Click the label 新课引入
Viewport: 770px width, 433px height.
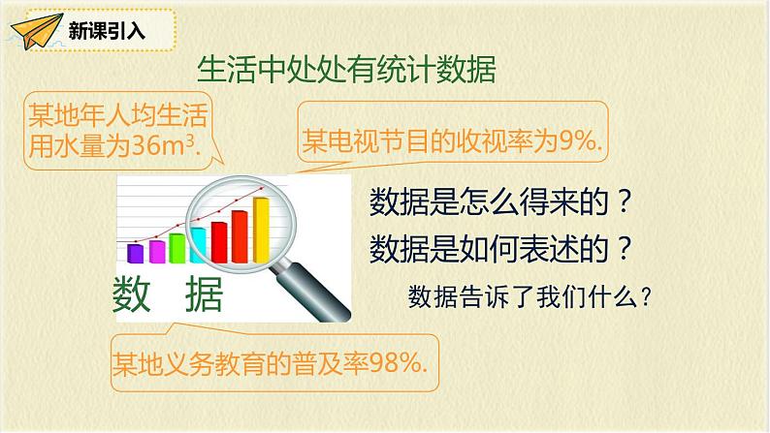tap(107, 31)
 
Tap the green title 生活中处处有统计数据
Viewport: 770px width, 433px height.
tap(346, 70)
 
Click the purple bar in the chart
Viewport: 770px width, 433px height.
tap(135, 253)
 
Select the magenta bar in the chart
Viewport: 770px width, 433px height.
tap(157, 252)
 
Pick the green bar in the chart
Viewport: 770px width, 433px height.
tap(176, 248)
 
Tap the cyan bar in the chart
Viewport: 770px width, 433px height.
tap(199, 245)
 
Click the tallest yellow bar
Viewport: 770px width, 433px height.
tap(261, 230)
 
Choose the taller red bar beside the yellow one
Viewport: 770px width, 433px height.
tap(240, 236)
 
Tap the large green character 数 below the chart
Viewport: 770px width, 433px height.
tap(131, 294)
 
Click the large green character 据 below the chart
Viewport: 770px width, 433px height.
tap(205, 294)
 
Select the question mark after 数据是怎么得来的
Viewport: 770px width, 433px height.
tap(624, 201)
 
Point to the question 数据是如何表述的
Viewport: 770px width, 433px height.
tap(499, 249)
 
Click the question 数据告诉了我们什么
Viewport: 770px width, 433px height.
tap(530, 297)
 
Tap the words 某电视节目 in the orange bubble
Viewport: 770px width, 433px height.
tap(366, 141)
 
